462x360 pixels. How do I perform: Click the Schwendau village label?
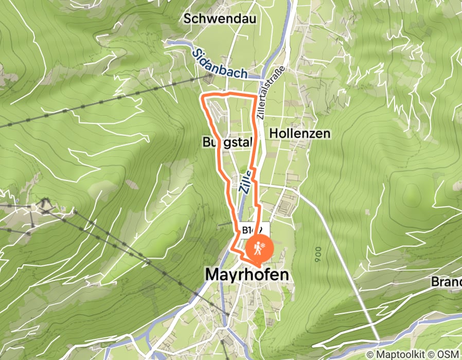coord(220,19)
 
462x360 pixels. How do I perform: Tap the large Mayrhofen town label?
coord(247,275)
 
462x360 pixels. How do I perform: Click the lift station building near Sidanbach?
coord(209,79)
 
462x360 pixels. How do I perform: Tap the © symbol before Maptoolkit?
coord(370,354)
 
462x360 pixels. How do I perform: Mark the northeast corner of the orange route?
coord(256,97)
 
